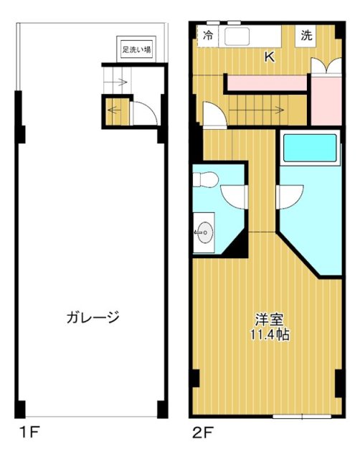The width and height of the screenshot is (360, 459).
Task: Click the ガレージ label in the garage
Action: (x=92, y=316)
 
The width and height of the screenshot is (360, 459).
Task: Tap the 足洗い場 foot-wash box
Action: (x=136, y=50)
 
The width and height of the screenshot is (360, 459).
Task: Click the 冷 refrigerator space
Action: (x=208, y=35)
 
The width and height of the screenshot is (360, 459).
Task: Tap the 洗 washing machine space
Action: (x=307, y=36)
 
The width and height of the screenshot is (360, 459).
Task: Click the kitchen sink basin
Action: (x=235, y=35)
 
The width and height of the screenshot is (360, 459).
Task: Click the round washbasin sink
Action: (x=204, y=232)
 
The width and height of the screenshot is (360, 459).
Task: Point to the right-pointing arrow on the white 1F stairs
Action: (x=117, y=82)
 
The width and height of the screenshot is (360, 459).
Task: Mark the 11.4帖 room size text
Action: (x=270, y=334)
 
